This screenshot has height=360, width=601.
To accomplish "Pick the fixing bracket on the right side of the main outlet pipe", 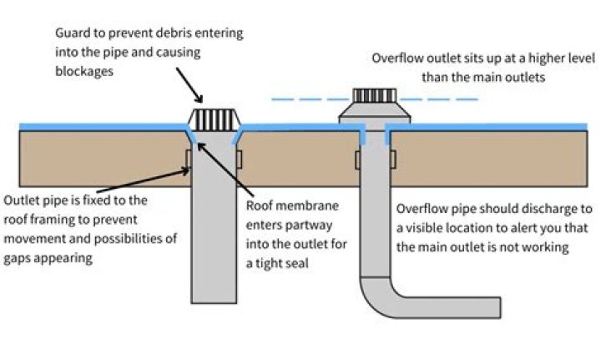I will (x=239, y=158).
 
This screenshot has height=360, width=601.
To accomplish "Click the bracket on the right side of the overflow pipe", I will (x=390, y=159).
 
